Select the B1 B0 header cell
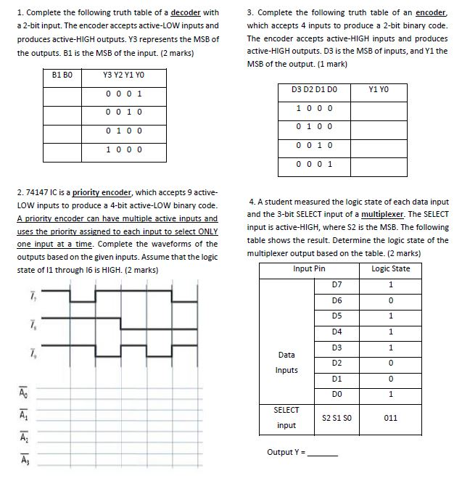point(63,75)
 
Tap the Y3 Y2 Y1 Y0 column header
point(123,75)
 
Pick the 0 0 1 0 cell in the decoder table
point(123,112)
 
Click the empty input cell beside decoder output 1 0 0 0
point(63,149)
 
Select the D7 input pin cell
point(336,284)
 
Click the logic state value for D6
point(390,300)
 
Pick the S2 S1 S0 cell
point(336,418)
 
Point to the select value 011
point(390,418)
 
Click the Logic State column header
point(390,268)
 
